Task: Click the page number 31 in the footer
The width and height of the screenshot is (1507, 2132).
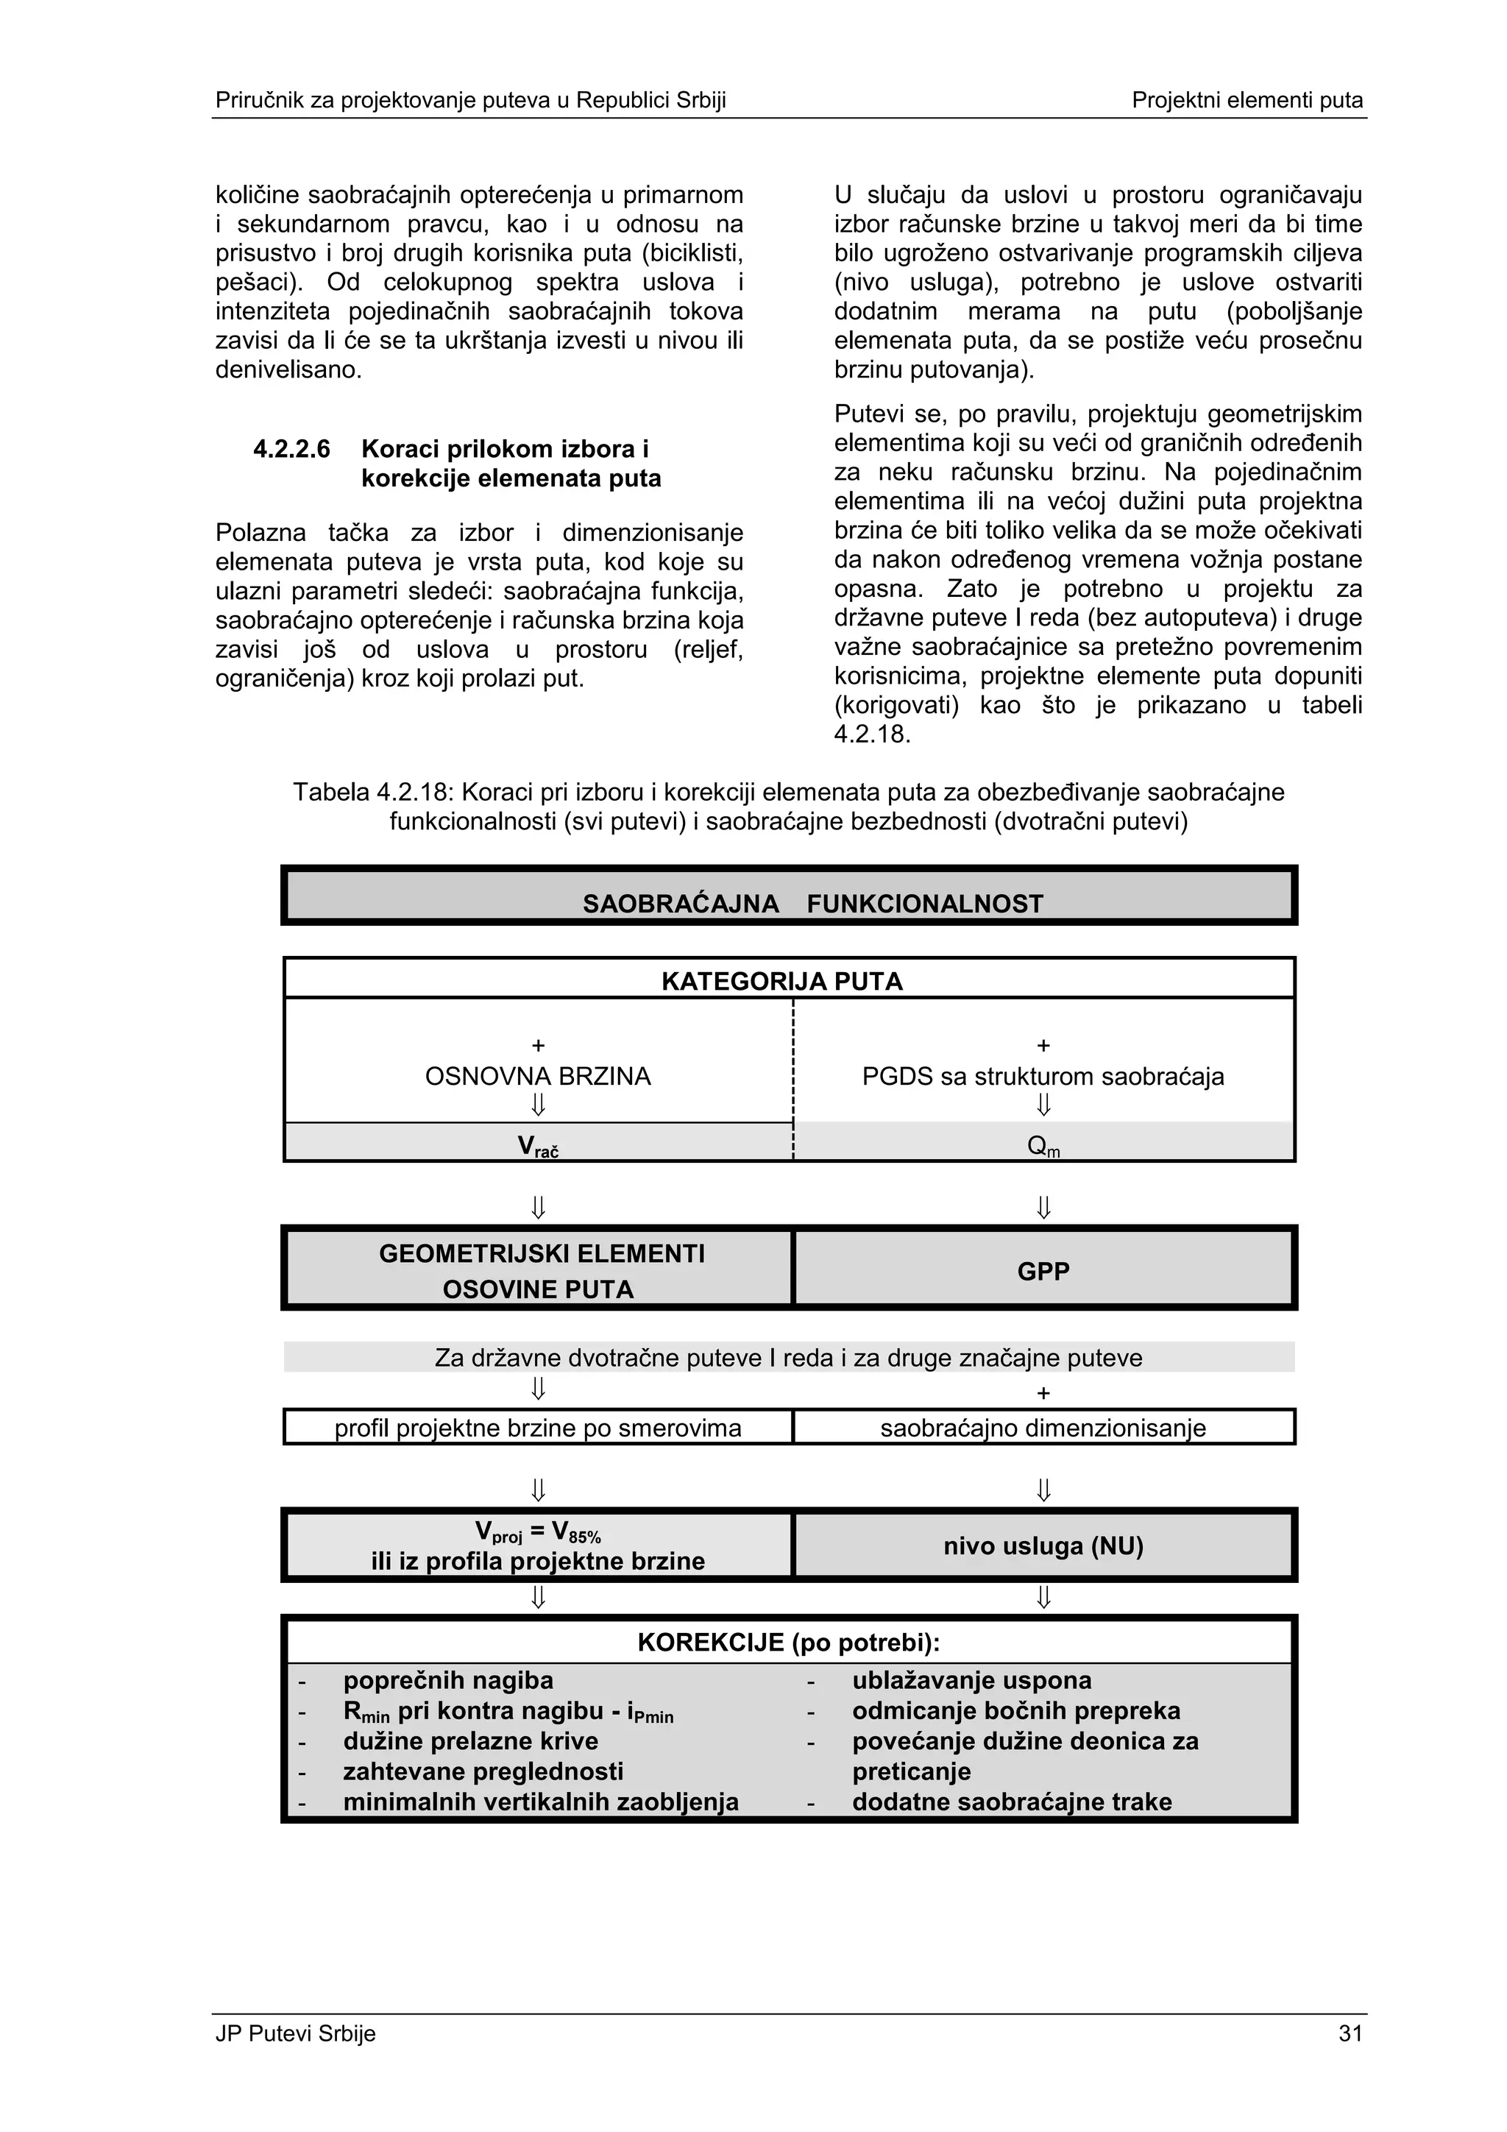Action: (x=1349, y=2033)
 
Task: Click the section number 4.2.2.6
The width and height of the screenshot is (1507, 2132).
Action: (x=291, y=450)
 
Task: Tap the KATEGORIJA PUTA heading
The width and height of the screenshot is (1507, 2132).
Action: (x=781, y=982)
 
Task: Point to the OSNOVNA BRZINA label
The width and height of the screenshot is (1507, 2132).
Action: (x=538, y=1076)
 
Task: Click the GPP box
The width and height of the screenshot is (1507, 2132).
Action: (x=1043, y=1270)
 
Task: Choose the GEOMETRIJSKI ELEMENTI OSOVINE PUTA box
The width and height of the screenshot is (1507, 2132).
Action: (x=538, y=1270)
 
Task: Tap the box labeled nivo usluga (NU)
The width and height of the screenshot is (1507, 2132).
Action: (x=1043, y=1545)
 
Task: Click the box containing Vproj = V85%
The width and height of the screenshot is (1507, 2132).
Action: (x=538, y=1545)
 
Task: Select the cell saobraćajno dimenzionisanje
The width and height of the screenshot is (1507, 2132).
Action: (x=1043, y=1427)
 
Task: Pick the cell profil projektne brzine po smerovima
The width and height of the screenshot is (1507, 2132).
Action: (x=538, y=1427)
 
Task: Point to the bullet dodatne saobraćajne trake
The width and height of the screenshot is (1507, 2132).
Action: (x=1011, y=1802)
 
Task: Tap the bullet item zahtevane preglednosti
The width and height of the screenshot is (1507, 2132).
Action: (x=483, y=1771)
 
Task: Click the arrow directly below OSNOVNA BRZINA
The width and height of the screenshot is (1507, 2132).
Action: (x=538, y=1105)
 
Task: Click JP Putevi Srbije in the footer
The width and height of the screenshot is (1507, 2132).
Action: (x=295, y=2033)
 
